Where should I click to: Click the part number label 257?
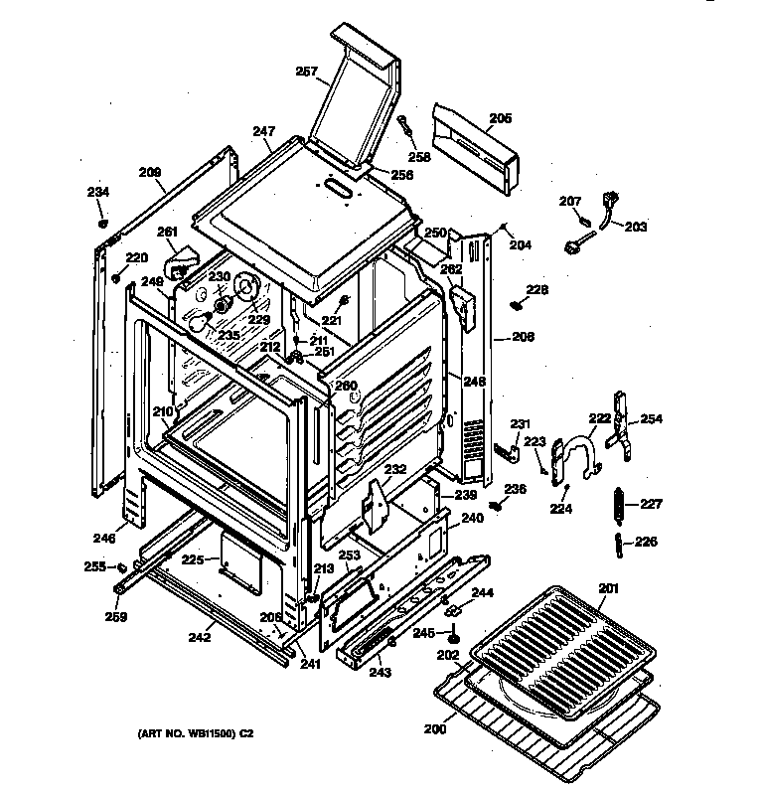306,71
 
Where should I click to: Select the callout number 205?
501,118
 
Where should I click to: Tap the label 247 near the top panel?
262,131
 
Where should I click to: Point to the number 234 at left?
98,192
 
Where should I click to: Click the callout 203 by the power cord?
635,227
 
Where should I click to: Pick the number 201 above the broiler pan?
608,588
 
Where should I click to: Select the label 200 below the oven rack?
434,729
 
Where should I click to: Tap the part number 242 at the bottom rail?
200,637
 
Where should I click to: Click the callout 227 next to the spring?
650,504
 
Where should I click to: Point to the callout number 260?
345,386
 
